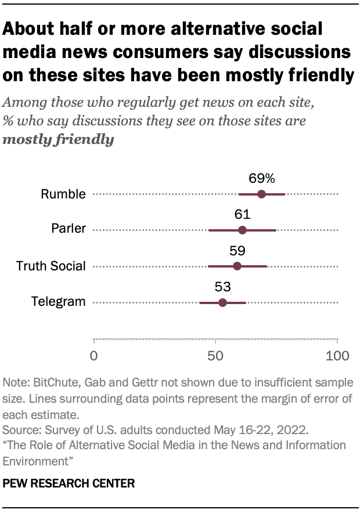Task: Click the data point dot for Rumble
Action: pyautogui.click(x=261, y=194)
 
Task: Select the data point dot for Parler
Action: pyautogui.click(x=242, y=230)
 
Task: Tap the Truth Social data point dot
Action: pyautogui.click(x=237, y=266)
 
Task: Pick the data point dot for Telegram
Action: pyautogui.click(x=222, y=302)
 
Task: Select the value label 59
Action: pyautogui.click(x=237, y=251)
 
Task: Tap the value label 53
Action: pyautogui.click(x=223, y=287)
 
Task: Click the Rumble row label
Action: pyautogui.click(x=63, y=194)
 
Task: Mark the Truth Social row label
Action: pyautogui.click(x=51, y=266)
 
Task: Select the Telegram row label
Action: pyautogui.click(x=58, y=302)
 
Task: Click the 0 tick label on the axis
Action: pyautogui.click(x=94, y=355)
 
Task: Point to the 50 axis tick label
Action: pyautogui.click(x=215, y=355)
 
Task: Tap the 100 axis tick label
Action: pyautogui.click(x=337, y=355)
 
